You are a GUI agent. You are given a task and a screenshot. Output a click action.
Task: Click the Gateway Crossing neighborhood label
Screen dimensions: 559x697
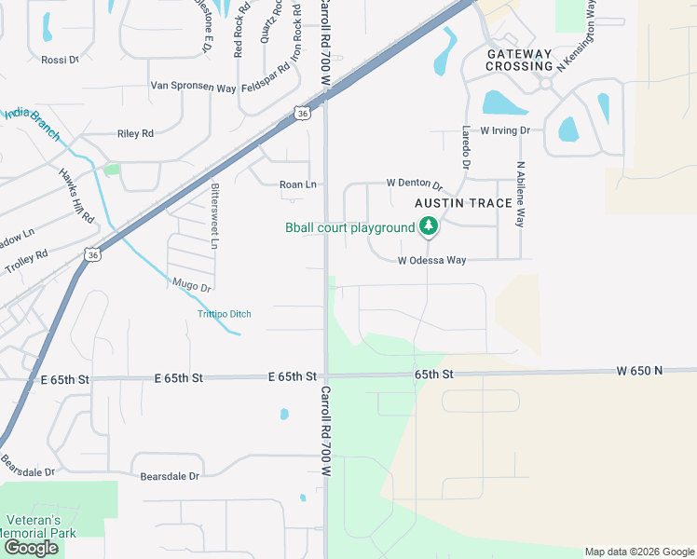(520, 60)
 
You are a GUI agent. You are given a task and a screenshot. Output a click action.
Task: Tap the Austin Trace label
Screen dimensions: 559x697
(463, 203)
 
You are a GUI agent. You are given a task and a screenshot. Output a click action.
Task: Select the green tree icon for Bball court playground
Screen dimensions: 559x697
(428, 225)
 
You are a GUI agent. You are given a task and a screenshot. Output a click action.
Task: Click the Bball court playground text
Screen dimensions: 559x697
(349, 227)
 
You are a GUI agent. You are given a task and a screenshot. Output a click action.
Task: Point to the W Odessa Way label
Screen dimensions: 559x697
(431, 261)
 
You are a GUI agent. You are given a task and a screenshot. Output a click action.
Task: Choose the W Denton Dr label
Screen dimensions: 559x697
(414, 184)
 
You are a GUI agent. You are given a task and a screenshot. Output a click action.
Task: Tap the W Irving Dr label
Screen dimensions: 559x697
(505, 131)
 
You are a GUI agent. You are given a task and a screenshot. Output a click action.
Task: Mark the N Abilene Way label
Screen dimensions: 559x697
(520, 192)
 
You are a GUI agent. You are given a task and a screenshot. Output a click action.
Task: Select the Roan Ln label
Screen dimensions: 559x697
(298, 184)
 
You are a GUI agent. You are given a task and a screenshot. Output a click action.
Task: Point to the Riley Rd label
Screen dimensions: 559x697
(135, 134)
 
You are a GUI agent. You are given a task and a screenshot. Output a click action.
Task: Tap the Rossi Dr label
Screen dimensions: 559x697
(61, 60)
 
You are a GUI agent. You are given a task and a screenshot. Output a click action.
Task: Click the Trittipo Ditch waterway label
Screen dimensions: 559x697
(225, 314)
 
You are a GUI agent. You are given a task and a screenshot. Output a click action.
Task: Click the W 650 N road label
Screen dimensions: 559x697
(638, 371)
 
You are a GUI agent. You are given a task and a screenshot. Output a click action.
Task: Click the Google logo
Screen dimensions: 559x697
(31, 548)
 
